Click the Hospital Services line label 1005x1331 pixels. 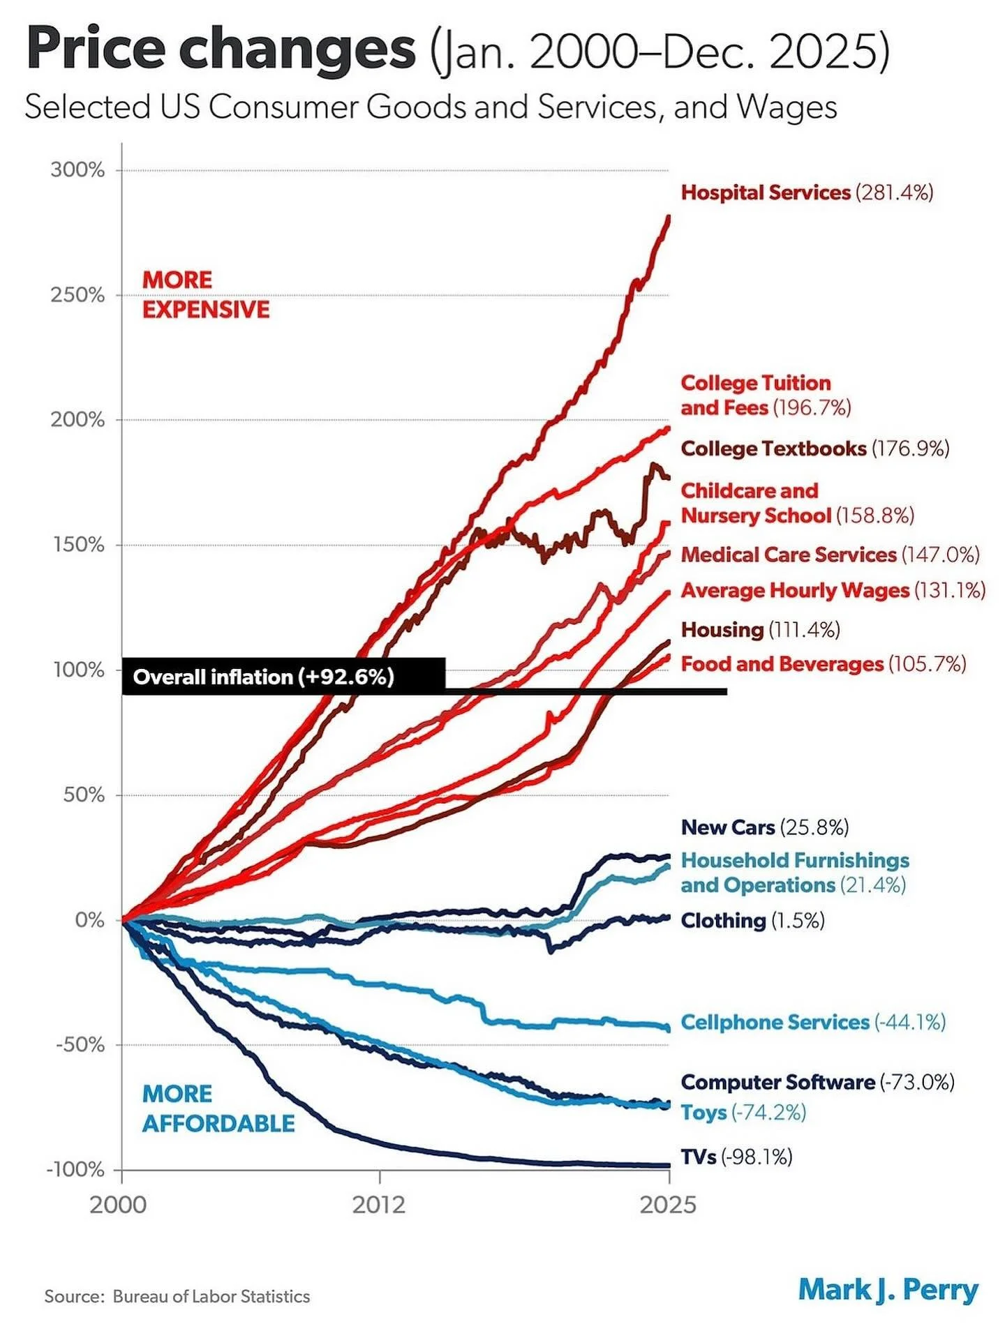[806, 193]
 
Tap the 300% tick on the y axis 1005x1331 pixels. [77, 170]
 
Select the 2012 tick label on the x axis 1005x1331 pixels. [379, 1205]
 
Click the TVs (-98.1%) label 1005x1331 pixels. [736, 1157]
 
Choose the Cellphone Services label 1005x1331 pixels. [812, 1022]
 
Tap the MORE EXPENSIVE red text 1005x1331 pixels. [205, 294]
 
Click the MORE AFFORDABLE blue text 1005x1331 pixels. [218, 1108]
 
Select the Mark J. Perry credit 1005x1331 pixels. [888, 1290]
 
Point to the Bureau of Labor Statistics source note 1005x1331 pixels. [177, 1296]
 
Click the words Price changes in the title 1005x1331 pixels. [221, 49]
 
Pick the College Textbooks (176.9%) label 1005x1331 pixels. [814, 449]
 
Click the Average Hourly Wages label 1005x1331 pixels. [833, 591]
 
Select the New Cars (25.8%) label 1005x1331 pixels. [764, 827]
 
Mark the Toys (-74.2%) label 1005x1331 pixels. [743, 1113]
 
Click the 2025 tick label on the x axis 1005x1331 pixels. [668, 1205]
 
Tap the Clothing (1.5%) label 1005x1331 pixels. [752, 921]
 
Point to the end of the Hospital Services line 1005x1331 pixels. [669, 218]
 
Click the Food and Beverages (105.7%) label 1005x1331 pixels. [823, 664]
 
